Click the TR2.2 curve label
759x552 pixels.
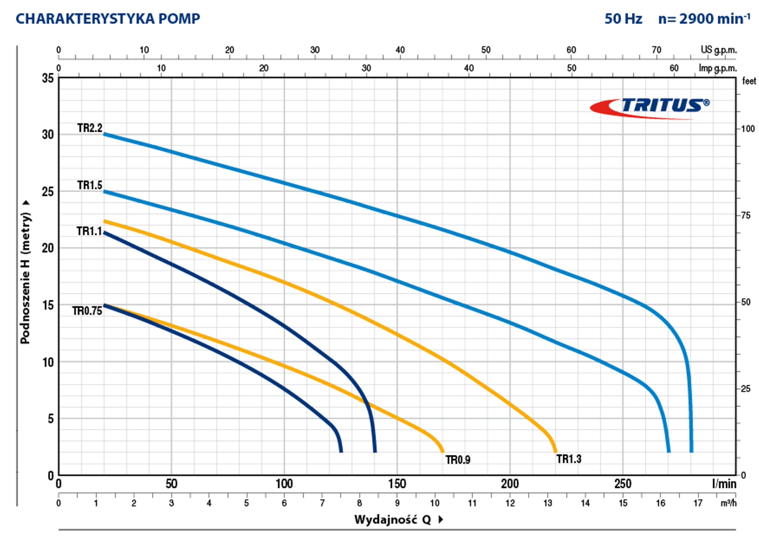click(x=90, y=128)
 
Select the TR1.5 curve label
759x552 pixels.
click(x=90, y=185)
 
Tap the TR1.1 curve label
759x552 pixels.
click(x=89, y=231)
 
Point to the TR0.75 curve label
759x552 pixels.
click(x=87, y=311)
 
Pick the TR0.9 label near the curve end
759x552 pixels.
click(x=458, y=460)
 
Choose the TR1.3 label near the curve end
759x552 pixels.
click(x=569, y=459)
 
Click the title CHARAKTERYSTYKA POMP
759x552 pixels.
click(x=108, y=19)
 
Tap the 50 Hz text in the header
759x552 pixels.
click(x=623, y=19)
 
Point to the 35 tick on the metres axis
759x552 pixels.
click(x=48, y=78)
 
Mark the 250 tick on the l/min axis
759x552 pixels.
click(x=623, y=484)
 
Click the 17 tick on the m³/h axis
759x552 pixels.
click(x=698, y=503)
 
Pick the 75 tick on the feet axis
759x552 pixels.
click(x=746, y=216)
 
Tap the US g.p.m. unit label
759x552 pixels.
click(x=719, y=50)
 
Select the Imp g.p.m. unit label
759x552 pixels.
click(x=718, y=68)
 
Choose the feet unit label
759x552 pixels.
click(x=749, y=81)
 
